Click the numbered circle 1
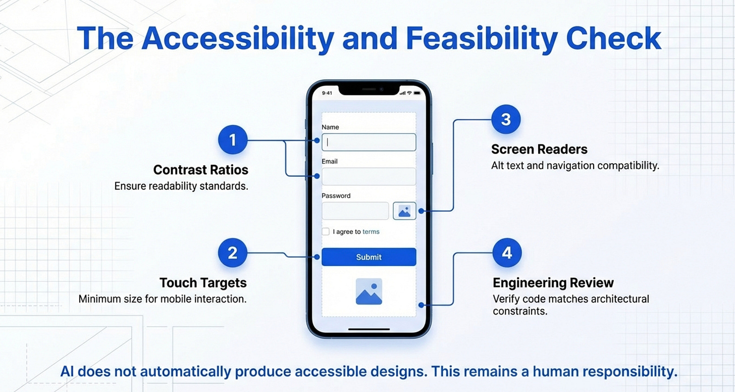tap(233, 140)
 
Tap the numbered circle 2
tap(233, 253)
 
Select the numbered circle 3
tap(506, 120)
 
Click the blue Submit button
tap(369, 257)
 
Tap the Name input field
tap(369, 142)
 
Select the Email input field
tap(369, 177)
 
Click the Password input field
tap(355, 211)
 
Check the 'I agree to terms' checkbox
tap(326, 232)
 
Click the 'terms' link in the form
tap(371, 232)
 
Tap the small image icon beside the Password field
tap(404, 211)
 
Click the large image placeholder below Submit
tap(369, 292)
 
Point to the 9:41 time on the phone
tap(327, 93)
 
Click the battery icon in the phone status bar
tap(417, 93)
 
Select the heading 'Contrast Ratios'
tap(200, 170)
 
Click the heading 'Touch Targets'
tap(203, 282)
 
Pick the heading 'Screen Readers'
tap(539, 150)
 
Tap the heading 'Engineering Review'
tap(553, 282)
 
